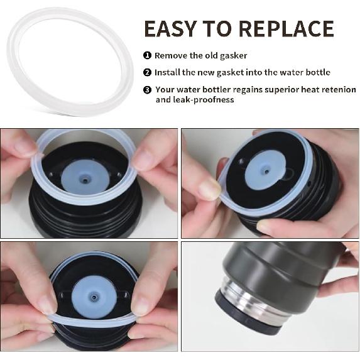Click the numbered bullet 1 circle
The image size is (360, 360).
(x=147, y=55)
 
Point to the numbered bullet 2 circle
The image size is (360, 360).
(x=147, y=72)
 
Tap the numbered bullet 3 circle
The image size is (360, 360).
(x=147, y=90)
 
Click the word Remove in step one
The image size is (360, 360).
(x=170, y=55)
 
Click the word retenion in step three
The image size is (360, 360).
(x=339, y=90)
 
